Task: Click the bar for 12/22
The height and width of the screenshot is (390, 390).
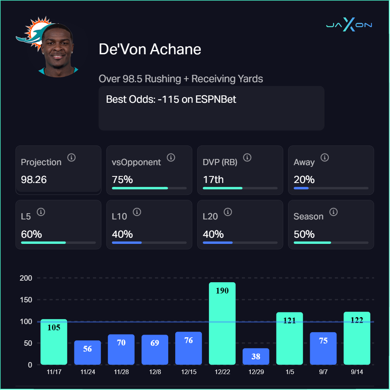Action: [222, 323]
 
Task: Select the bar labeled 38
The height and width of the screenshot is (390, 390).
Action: [256, 356]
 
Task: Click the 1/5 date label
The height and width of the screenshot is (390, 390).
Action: [289, 372]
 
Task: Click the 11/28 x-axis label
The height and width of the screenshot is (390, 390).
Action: [121, 372]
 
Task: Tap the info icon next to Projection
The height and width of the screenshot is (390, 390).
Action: [71, 157]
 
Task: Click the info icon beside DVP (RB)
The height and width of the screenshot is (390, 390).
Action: [247, 157]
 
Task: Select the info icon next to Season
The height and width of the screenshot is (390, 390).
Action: [333, 212]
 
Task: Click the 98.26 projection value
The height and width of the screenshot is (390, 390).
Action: [34, 179]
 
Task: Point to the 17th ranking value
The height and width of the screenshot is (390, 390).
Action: [213, 179]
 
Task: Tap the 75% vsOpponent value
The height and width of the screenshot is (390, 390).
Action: [123, 179]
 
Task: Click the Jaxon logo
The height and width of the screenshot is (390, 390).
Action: [349, 25]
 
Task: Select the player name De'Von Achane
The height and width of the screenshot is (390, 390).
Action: [150, 49]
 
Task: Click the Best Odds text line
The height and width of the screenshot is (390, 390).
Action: [171, 99]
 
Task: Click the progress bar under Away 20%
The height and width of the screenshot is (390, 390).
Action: [331, 188]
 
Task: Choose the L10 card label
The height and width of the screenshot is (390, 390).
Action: [119, 216]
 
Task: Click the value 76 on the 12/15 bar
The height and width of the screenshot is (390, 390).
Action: [188, 340]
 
